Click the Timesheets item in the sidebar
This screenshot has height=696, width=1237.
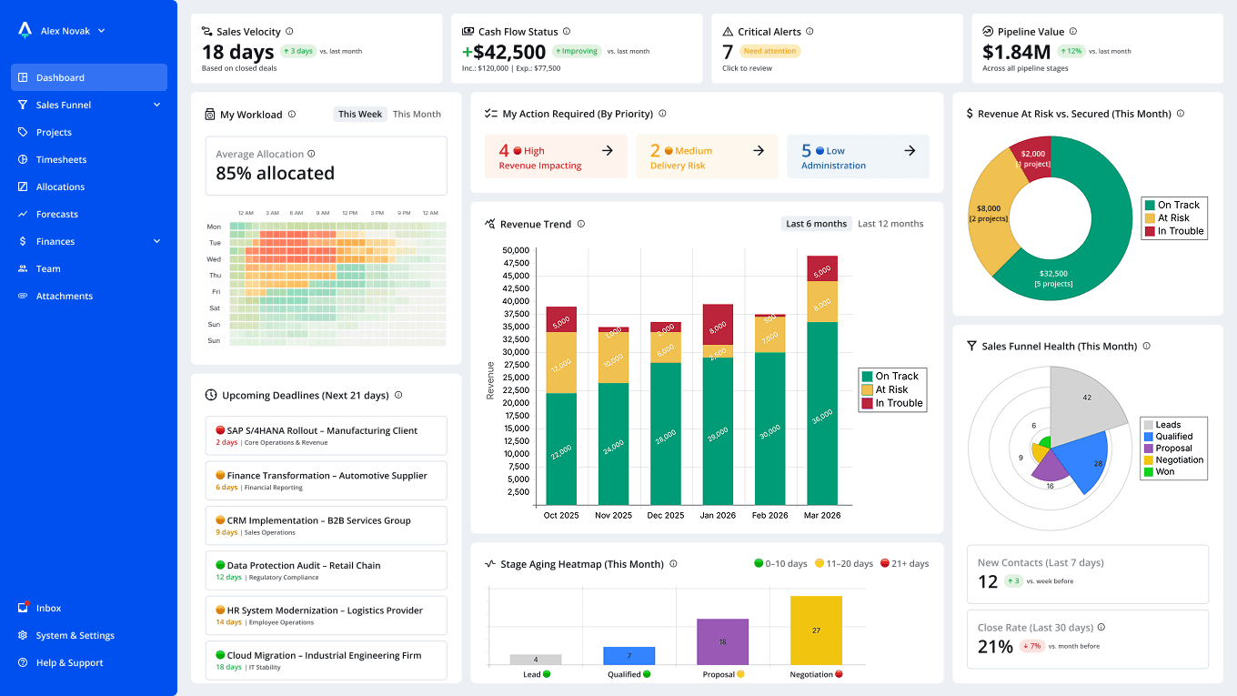point(61,159)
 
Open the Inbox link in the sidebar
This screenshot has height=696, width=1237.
point(48,608)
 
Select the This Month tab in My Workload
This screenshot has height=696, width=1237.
point(417,115)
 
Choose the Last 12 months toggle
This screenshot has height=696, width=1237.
point(890,224)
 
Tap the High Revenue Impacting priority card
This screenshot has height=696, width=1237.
point(556,156)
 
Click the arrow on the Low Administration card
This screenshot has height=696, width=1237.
point(910,151)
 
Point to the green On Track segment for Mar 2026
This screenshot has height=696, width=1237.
point(822,414)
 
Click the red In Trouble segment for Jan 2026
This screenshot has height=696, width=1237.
point(718,325)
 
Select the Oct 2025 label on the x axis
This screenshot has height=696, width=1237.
point(561,515)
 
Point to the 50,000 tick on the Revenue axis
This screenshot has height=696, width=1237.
point(514,250)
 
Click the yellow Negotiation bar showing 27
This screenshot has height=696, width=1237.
point(816,630)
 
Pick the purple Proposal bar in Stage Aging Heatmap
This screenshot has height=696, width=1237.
point(722,641)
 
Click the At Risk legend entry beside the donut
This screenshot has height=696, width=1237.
point(1173,218)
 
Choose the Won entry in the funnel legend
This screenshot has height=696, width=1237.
point(1164,472)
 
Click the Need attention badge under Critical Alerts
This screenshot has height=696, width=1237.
point(770,52)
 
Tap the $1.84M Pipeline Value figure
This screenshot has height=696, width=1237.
point(1016,53)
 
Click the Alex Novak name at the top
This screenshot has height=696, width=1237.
point(65,31)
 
